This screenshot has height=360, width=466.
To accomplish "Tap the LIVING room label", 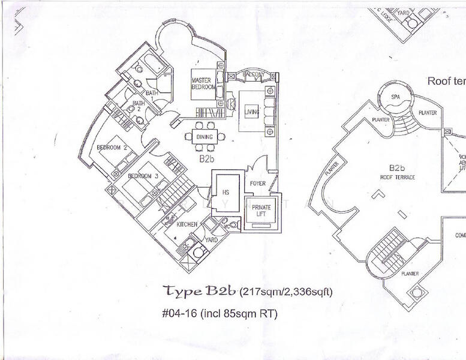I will point(250,109).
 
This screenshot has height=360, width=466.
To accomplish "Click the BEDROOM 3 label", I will point(143,176).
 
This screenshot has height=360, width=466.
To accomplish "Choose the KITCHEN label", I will point(187,224).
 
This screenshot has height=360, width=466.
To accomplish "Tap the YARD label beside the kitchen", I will point(211,239).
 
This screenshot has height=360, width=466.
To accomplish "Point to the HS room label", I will point(226,193).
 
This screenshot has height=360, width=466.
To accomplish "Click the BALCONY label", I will point(252,74).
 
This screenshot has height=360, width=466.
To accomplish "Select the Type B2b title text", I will point(201,292).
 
